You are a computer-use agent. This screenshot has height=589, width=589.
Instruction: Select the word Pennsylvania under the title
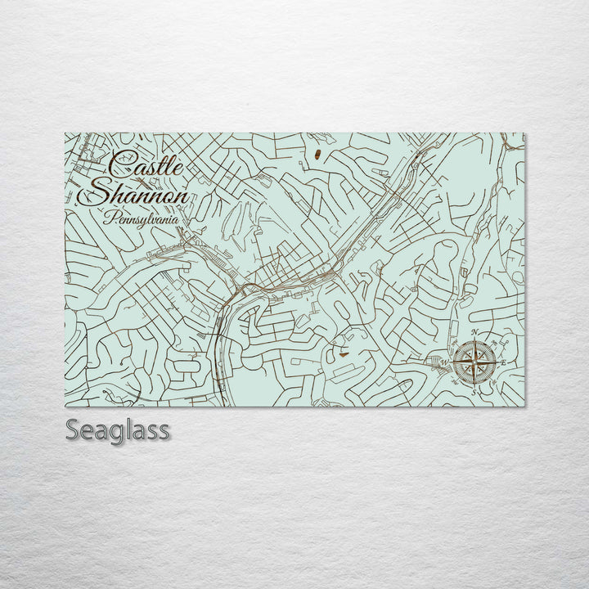pos(141,218)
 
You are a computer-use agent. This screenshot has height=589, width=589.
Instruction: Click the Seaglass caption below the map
pos(118,430)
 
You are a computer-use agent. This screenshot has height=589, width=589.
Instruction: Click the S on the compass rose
pos(472,392)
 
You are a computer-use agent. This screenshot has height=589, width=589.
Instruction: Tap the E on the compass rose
pos(504,362)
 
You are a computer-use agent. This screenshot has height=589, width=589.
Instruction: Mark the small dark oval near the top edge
pos(316,153)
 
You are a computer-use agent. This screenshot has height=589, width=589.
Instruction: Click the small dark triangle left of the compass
pos(341,354)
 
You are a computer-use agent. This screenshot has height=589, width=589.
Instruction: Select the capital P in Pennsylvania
pos(108,218)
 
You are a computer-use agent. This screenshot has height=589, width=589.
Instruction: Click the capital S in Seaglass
pos(74,430)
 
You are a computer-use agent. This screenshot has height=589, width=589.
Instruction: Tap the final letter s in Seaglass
pos(164,432)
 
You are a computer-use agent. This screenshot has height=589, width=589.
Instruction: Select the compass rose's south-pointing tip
pos(473,384)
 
